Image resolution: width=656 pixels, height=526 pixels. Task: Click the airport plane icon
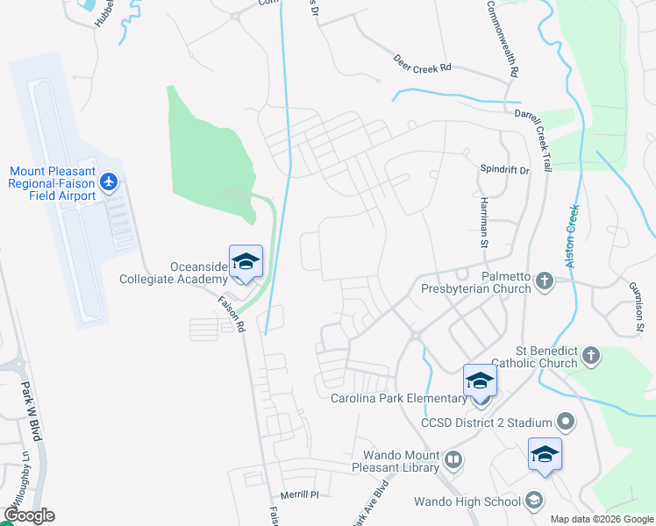click(109, 182)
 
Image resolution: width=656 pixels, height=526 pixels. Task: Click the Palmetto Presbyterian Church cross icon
click(544, 281)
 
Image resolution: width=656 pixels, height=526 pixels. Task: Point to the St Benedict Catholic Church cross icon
click(590, 356)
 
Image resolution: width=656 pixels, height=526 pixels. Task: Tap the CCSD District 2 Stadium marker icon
click(566, 423)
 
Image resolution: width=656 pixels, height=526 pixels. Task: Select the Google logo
click(29, 515)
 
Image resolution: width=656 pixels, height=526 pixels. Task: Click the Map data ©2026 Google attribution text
click(601, 519)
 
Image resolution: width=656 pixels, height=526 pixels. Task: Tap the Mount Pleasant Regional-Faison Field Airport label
click(53, 183)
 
